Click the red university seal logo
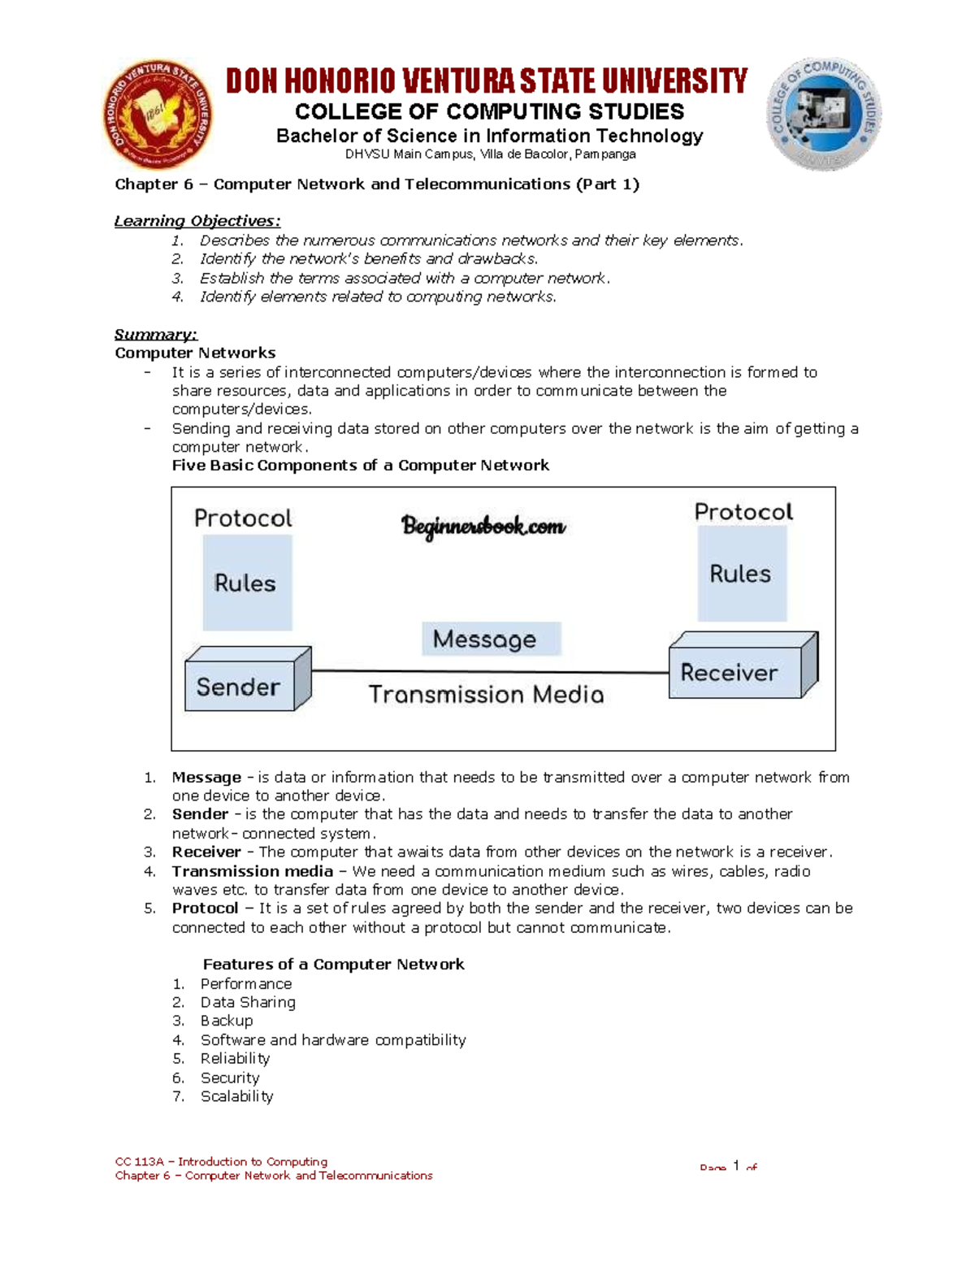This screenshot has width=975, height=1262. click(159, 115)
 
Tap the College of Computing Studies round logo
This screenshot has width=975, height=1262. click(823, 114)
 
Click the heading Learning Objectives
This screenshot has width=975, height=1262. click(197, 221)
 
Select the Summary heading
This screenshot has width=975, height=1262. click(155, 334)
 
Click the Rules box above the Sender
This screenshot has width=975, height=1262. click(246, 583)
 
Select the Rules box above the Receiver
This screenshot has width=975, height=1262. click(741, 574)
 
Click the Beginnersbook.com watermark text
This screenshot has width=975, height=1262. click(483, 527)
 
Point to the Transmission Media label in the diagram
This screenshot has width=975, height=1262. click(486, 694)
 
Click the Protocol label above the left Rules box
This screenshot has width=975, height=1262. click(243, 518)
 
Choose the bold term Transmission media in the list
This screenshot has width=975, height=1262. click(252, 871)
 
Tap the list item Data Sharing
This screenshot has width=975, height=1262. click(248, 1002)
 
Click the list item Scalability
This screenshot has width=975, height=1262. click(236, 1096)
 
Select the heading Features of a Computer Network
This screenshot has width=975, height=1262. click(333, 965)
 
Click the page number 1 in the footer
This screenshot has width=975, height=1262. click(736, 1166)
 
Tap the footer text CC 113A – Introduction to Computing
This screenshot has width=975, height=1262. click(221, 1161)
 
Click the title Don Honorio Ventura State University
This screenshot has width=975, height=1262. click(486, 81)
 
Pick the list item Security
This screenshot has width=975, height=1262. click(230, 1078)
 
